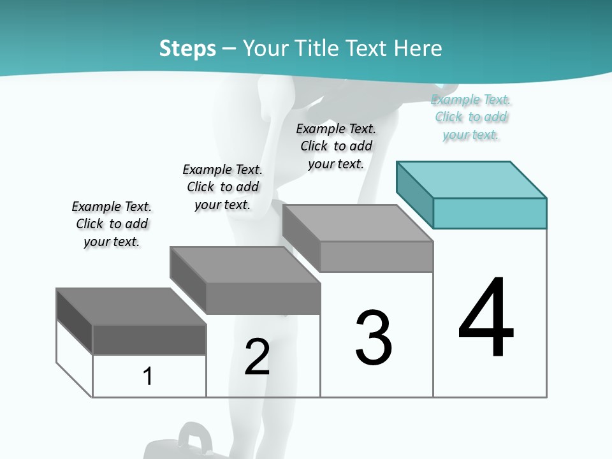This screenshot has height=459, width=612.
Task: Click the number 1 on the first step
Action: (148, 376)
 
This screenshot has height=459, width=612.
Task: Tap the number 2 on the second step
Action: (257, 357)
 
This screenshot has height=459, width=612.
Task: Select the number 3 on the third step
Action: (374, 338)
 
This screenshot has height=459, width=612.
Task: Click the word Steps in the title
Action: (187, 48)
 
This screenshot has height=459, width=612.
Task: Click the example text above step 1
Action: (112, 224)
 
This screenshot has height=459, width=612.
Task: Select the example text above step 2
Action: (222, 187)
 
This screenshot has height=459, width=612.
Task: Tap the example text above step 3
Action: (336, 146)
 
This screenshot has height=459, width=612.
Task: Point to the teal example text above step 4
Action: (471, 117)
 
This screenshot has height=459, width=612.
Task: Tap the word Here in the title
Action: (418, 48)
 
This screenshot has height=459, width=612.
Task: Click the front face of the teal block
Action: (490, 213)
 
